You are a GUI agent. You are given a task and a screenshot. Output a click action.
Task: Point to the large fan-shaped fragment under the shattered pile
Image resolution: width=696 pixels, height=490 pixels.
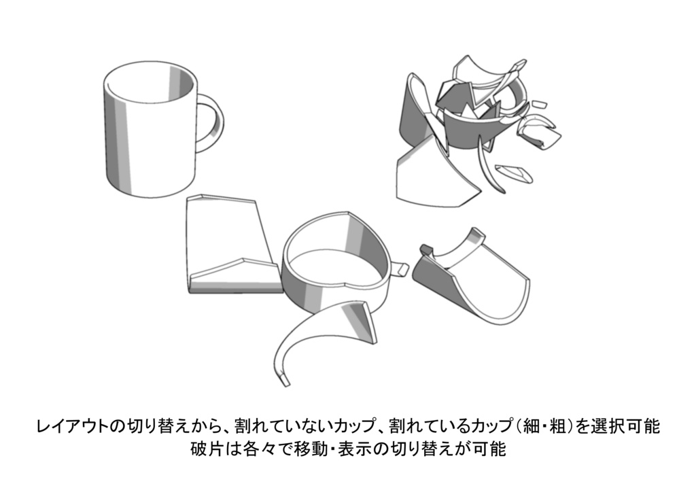435,177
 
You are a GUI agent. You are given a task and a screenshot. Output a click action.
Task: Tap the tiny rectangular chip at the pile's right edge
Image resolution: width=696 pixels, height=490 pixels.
540,105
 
